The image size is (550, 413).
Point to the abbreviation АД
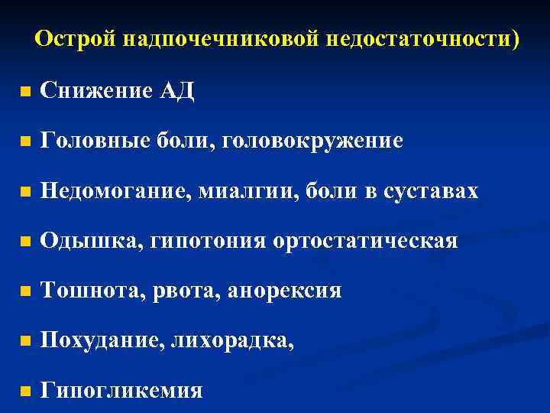pyautogui.click(x=177, y=92)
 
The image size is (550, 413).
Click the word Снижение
pyautogui.click(x=96, y=92)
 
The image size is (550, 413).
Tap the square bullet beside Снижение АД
pyautogui.click(x=26, y=93)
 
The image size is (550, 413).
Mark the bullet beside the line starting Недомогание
pyautogui.click(x=26, y=192)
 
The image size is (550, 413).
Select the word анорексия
pyautogui.click(x=284, y=291)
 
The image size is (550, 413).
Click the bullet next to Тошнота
pyautogui.click(x=26, y=292)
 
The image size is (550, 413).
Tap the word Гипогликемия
pyautogui.click(x=121, y=391)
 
